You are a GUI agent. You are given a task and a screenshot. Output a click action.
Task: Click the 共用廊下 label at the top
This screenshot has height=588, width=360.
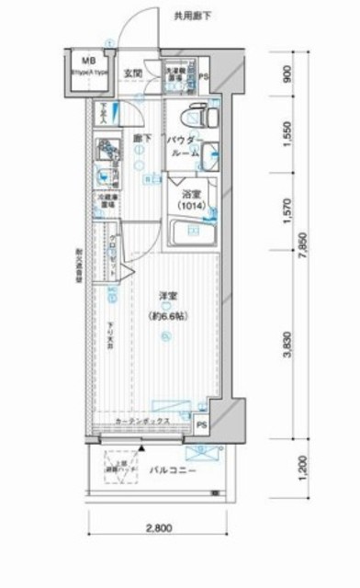tap(193, 15)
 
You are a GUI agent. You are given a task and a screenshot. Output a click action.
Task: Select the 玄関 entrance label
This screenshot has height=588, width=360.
tap(133, 73)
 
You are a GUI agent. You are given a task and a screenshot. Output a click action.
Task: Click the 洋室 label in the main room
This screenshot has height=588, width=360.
tap(166, 295)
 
